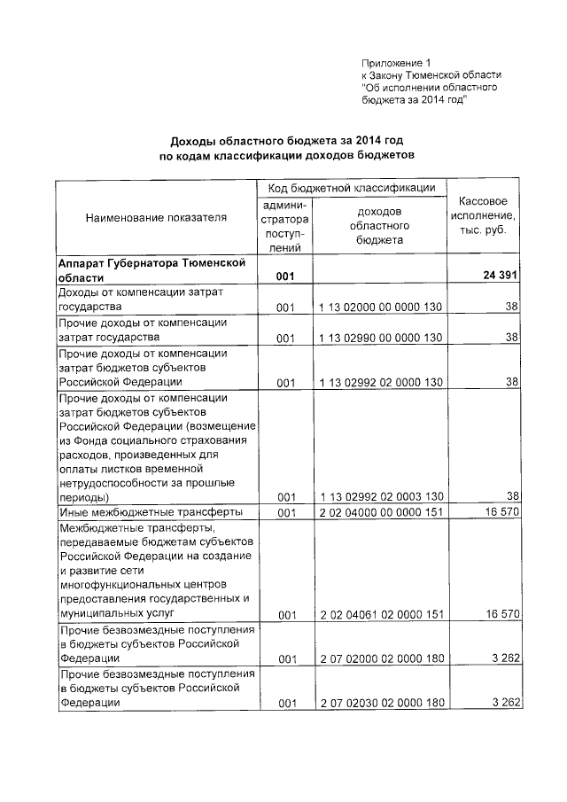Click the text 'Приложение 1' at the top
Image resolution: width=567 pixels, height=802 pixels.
tap(396, 63)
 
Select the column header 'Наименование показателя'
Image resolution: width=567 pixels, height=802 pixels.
tap(156, 216)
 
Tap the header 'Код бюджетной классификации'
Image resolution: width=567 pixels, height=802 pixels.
tap(352, 187)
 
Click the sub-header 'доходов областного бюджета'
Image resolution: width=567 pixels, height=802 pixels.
tap(379, 225)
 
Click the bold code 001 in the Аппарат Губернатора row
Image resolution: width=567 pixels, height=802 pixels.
tap(284, 276)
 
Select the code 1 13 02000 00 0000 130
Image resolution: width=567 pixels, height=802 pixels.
tap(380, 307)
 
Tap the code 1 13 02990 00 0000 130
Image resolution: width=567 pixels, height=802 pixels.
tap(380, 338)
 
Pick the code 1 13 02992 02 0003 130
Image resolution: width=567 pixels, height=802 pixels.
tap(380, 496)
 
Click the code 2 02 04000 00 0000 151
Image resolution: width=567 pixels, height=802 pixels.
tap(380, 512)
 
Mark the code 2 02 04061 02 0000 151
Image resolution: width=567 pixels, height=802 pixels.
tap(380, 613)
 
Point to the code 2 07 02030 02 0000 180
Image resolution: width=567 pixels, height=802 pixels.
tap(380, 704)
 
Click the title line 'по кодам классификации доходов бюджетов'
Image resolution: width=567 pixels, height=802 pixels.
tap(286, 155)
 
